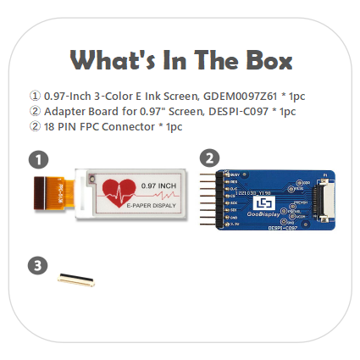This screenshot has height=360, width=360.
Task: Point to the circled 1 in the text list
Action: pos(34,96)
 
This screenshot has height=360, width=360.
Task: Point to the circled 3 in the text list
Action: pos(34,126)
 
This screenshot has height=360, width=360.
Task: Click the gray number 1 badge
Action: pos(37,158)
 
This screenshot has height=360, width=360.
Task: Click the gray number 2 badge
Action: pos(210,158)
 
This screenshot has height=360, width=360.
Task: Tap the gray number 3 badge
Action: pos(37,266)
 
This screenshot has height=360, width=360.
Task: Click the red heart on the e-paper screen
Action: pos(118,193)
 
